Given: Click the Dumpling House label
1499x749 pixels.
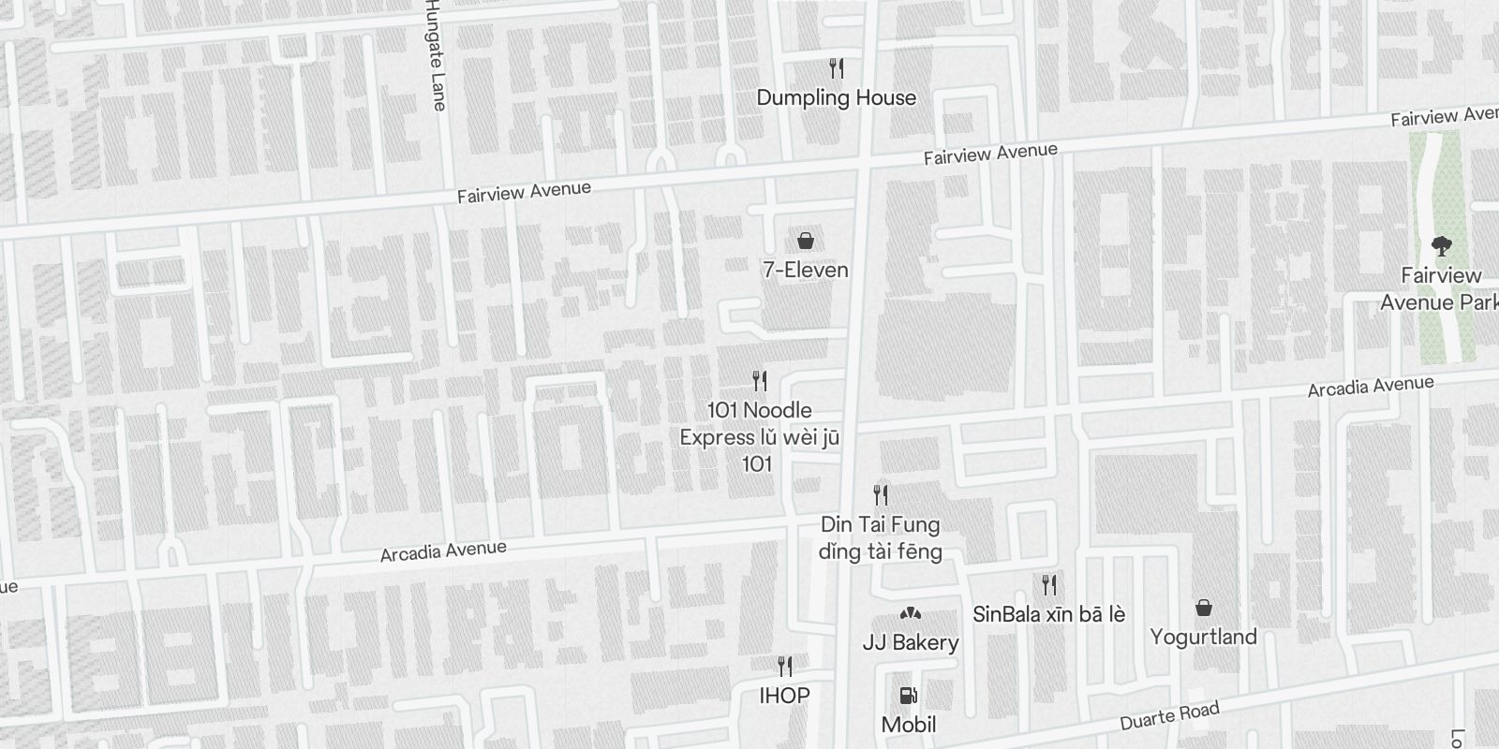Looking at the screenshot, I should coord(836,97).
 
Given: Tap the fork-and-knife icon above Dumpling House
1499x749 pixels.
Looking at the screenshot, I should coord(837,67).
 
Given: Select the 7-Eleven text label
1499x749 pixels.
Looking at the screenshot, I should coord(805,270).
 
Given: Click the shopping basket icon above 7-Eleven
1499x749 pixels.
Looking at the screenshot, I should coord(805,242).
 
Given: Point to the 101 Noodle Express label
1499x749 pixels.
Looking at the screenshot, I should coord(759,436).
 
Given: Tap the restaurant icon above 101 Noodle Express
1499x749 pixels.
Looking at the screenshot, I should coord(760,381).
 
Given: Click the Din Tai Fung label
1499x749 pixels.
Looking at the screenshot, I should coord(880,537).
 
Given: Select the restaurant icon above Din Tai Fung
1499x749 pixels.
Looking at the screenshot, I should coord(881,494).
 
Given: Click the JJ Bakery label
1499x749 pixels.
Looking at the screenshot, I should coord(910,642).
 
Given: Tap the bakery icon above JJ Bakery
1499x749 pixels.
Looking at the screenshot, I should coord(910,613).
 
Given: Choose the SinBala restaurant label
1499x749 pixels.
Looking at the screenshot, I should coord(1048,614).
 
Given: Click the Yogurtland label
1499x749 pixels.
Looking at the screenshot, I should coord(1203,637).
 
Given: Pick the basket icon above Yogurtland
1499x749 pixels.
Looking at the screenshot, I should coord(1204,609).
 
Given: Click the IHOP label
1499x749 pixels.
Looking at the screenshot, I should coord(784,696).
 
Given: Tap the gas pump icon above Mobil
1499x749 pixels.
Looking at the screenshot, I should coord(908,696).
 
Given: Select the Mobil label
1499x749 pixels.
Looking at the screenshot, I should coord(908,724).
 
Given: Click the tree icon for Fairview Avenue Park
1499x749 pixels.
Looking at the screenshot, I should coord(1441,246).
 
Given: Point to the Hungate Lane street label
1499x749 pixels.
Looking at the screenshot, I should coord(434,54).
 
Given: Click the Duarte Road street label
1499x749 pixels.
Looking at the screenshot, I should coord(1169,716).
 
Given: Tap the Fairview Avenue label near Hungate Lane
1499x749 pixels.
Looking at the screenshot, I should coord(524,192).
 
